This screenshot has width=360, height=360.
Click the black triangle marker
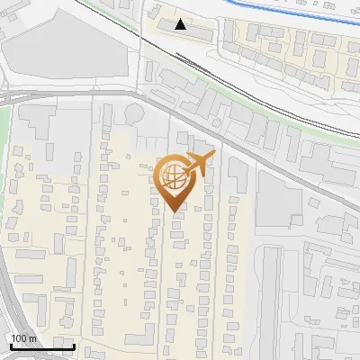coord(182,24)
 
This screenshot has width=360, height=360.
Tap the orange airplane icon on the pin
coord(200,164)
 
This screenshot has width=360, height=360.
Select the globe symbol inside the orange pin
coord(173,177)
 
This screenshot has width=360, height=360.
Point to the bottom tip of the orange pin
coord(175,212)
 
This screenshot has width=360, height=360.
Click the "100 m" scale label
coord(23,337)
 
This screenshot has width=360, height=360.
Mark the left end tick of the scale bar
coord(10,345)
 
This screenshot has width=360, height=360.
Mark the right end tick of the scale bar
coord(74,345)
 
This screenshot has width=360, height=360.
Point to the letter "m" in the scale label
coord(33,337)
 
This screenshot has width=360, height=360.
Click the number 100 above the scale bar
coord(19,337)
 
